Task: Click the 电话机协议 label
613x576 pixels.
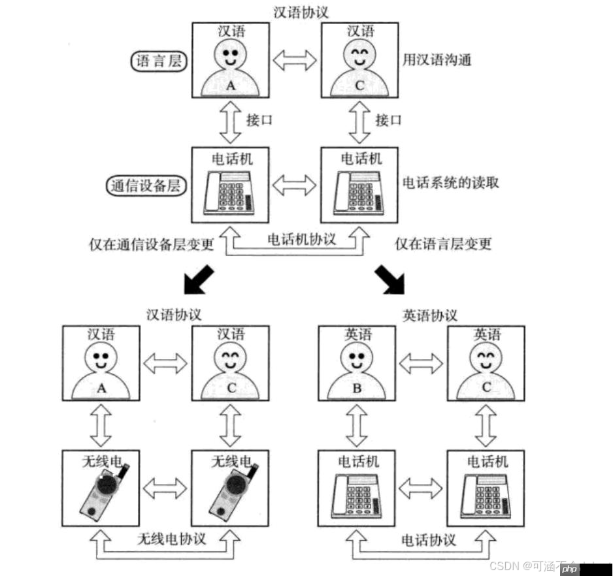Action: pos(301,238)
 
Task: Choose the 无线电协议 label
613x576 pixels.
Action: pos(171,539)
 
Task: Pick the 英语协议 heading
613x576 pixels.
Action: pos(429,315)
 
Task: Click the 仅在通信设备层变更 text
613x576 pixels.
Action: pos(152,244)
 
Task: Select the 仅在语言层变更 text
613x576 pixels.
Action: pos(443,244)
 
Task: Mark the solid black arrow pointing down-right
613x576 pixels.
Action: pos(393,279)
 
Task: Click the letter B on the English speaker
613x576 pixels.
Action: pos(356,387)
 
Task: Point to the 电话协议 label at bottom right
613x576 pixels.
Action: pos(429,539)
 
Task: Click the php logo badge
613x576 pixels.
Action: pos(570,566)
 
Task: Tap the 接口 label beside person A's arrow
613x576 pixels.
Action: pos(259,121)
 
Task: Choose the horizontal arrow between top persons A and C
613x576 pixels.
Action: pos(295,61)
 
